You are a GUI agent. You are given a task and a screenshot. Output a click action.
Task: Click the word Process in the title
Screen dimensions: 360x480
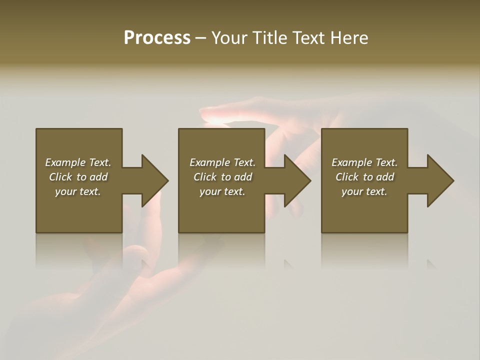[157, 38]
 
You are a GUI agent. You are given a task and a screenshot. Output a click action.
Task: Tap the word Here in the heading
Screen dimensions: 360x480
[348, 38]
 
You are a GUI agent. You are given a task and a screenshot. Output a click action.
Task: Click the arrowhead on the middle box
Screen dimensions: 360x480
[297, 180]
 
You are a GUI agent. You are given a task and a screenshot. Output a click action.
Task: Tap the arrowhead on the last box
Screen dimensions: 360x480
[440, 180]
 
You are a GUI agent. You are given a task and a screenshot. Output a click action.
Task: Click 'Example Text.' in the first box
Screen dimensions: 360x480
[78, 162]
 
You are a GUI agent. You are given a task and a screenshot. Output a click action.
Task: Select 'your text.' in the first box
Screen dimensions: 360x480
[78, 191]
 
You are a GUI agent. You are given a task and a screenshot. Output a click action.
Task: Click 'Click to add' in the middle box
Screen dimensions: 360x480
[222, 177]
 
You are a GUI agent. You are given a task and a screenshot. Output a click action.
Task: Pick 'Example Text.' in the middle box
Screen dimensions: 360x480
[222, 162]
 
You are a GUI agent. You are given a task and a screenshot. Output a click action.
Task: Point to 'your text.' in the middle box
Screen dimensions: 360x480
[222, 191]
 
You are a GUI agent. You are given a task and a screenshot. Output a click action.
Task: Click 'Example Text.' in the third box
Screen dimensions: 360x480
[364, 162]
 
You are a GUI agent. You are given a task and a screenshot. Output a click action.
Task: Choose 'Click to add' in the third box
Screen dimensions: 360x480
[364, 177]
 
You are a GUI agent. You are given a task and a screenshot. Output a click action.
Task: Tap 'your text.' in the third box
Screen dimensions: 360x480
[364, 191]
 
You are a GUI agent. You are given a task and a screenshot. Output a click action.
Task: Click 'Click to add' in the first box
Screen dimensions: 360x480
[78, 177]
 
